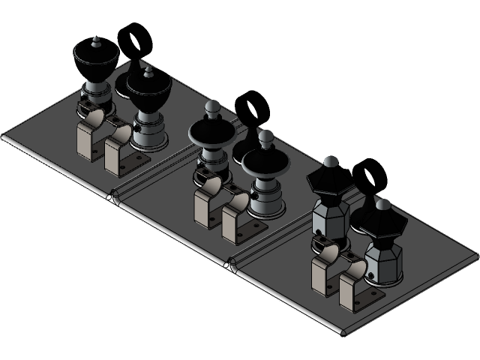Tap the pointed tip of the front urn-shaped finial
tap(148, 70)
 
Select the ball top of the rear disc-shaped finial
tap(212, 106)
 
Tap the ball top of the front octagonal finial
tap(382, 202)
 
